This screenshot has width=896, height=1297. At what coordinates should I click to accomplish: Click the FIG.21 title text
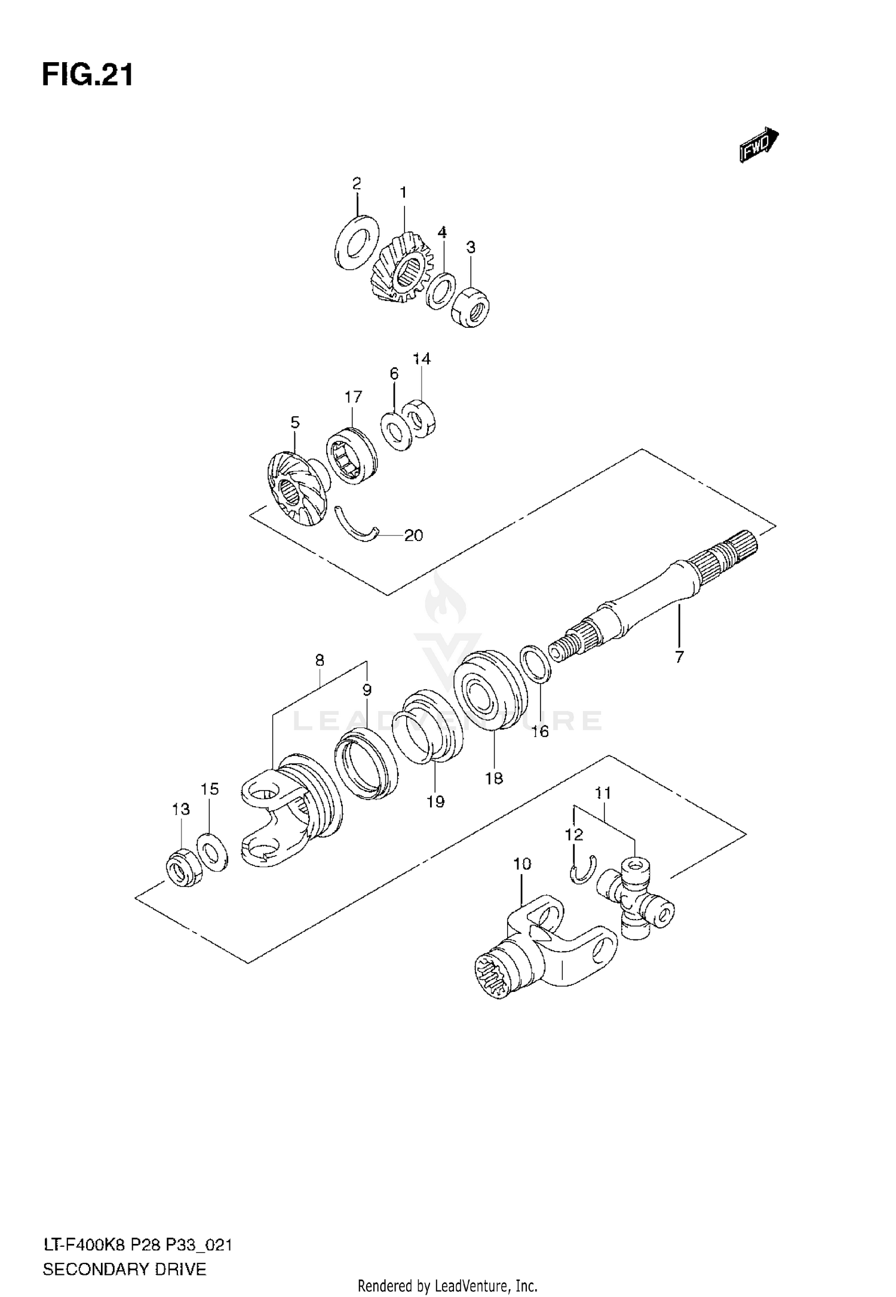point(88,76)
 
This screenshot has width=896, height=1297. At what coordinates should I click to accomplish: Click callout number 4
point(442,232)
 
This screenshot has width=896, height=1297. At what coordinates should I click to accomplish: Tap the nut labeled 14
point(421,417)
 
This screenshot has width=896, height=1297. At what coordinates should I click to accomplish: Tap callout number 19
point(436,801)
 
